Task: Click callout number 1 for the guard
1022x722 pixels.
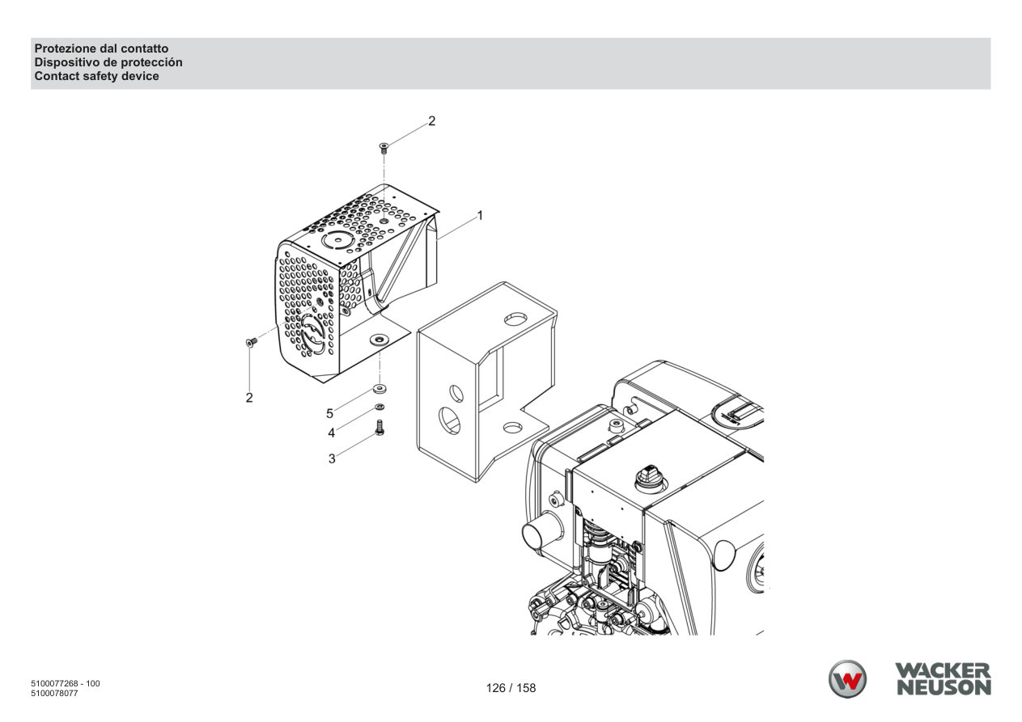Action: tap(480, 216)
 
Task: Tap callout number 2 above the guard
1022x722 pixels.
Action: tap(431, 121)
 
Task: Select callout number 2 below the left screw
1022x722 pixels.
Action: tap(249, 398)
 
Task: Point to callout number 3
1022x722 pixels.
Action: tap(332, 459)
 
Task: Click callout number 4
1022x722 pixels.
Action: tap(332, 433)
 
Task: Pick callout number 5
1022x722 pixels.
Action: tap(330, 414)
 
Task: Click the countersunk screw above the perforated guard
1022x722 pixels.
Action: tap(384, 149)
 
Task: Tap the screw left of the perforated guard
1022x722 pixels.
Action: tap(252, 342)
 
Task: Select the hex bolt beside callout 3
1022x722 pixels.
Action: tap(380, 428)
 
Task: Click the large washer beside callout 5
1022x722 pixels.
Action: tap(380, 389)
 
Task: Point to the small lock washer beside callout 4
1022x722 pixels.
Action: tap(380, 407)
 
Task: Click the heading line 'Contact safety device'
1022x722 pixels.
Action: tap(97, 76)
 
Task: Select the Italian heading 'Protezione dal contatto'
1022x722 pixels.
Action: tap(101, 49)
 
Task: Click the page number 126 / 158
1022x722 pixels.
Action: tap(511, 688)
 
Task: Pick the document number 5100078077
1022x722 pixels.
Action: tap(54, 693)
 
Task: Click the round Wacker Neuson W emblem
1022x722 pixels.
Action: tap(847, 679)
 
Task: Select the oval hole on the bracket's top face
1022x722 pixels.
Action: tap(515, 319)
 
